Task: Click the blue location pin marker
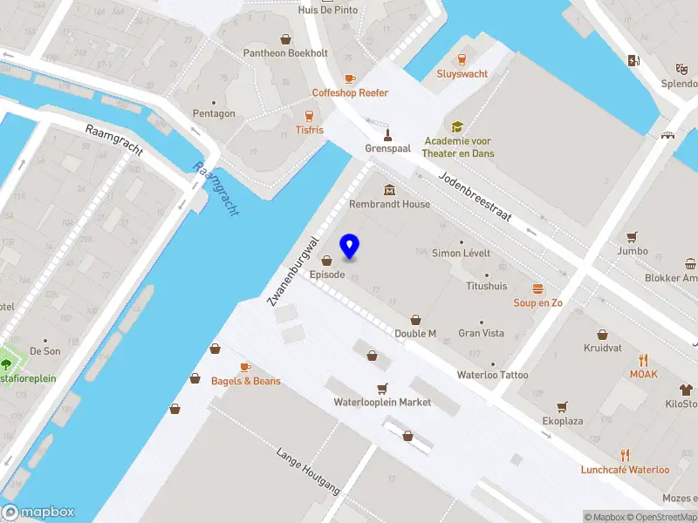click(350, 247)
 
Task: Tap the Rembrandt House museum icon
click(389, 190)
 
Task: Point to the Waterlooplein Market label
click(382, 403)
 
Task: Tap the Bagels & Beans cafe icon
click(245, 367)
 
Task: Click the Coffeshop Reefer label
click(350, 93)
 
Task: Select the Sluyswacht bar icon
click(462, 59)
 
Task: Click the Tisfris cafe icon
click(309, 116)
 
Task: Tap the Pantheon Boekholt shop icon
click(285, 38)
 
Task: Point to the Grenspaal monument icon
click(388, 134)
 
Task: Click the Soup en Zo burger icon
click(538, 288)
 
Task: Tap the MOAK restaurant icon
click(644, 360)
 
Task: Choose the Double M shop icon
click(415, 319)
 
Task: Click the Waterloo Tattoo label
click(493, 375)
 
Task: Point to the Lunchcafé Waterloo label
click(625, 470)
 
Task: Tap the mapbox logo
click(38, 513)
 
